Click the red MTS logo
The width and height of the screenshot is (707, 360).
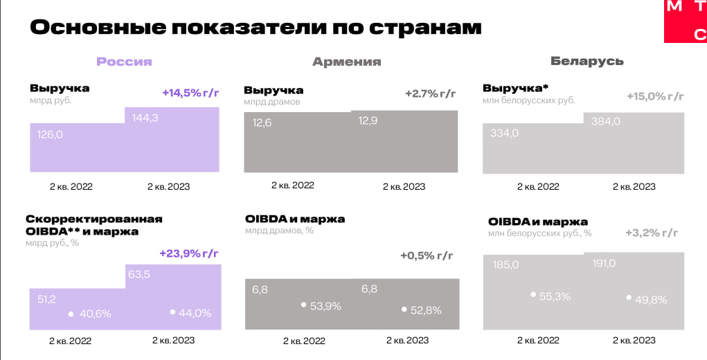[x=686, y=20]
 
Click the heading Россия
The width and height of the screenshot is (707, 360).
[x=124, y=62]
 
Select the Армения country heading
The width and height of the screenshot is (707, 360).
[x=346, y=62]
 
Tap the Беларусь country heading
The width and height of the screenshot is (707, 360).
[x=587, y=61]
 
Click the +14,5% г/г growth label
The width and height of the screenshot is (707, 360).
[x=190, y=93]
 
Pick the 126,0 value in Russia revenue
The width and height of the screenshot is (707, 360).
[x=50, y=134]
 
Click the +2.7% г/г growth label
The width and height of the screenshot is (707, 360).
[x=431, y=93]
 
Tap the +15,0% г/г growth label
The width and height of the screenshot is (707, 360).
[x=655, y=96]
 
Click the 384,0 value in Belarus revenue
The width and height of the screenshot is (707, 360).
[x=606, y=121]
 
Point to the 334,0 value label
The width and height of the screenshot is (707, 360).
[x=504, y=133]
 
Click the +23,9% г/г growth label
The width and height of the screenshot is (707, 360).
[x=189, y=253]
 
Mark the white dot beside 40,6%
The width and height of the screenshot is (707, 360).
[x=71, y=314]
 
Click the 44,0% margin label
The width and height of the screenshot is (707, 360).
[x=195, y=313]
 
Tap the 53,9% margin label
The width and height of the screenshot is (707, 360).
[x=325, y=306]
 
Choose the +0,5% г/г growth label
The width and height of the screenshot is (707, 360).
[x=427, y=256]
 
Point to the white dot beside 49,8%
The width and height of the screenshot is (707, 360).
[x=629, y=298]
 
